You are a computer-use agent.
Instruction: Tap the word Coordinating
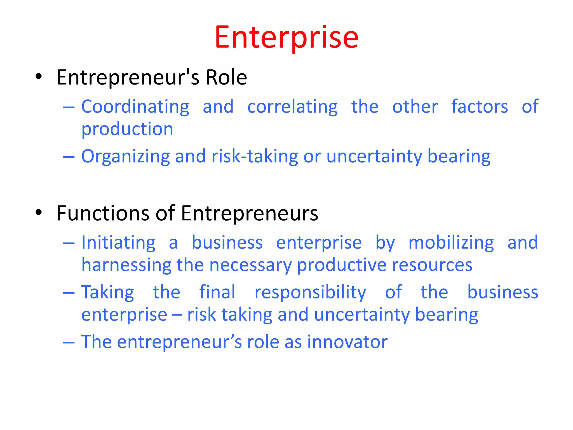click(x=135, y=107)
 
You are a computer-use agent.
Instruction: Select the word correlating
click(x=292, y=107)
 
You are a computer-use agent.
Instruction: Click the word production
click(x=127, y=129)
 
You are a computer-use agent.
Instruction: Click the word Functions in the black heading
click(x=103, y=213)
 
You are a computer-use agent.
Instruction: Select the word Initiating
click(x=118, y=242)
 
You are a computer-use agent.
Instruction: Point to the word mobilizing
click(x=451, y=242)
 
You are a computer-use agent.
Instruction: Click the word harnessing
click(x=126, y=265)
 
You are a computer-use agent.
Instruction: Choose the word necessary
click(x=250, y=265)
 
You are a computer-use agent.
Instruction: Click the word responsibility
click(x=310, y=293)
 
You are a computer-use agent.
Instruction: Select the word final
click(x=217, y=292)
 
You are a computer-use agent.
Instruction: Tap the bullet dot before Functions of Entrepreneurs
click(x=39, y=212)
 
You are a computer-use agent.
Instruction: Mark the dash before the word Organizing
click(x=69, y=157)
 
